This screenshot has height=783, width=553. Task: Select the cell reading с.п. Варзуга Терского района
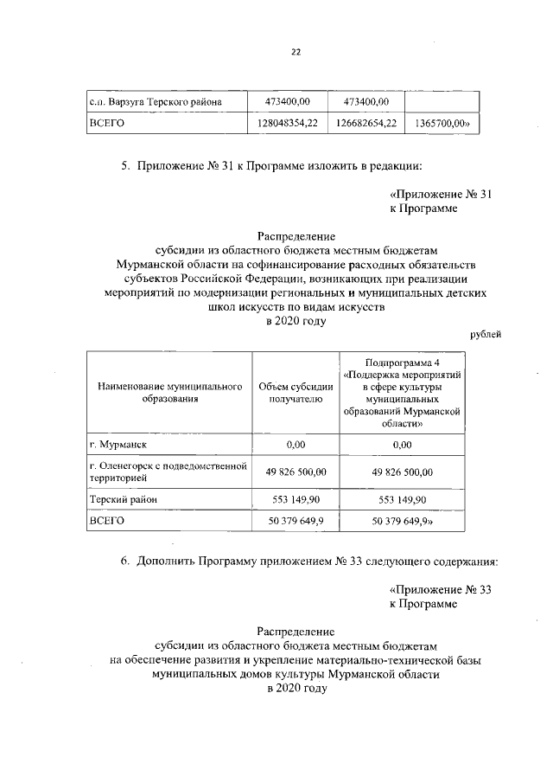pyautogui.click(x=156, y=103)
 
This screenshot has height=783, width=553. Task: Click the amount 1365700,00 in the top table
pyautogui.click(x=442, y=125)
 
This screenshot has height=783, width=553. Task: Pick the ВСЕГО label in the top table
pyautogui.click(x=108, y=125)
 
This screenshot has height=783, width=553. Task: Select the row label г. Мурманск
pyautogui.click(x=118, y=445)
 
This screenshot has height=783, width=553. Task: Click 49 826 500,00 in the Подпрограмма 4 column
pyautogui.click(x=402, y=472)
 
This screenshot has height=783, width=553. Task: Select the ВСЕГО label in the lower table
pyautogui.click(x=108, y=521)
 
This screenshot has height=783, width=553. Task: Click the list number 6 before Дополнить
pyautogui.click(x=124, y=562)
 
